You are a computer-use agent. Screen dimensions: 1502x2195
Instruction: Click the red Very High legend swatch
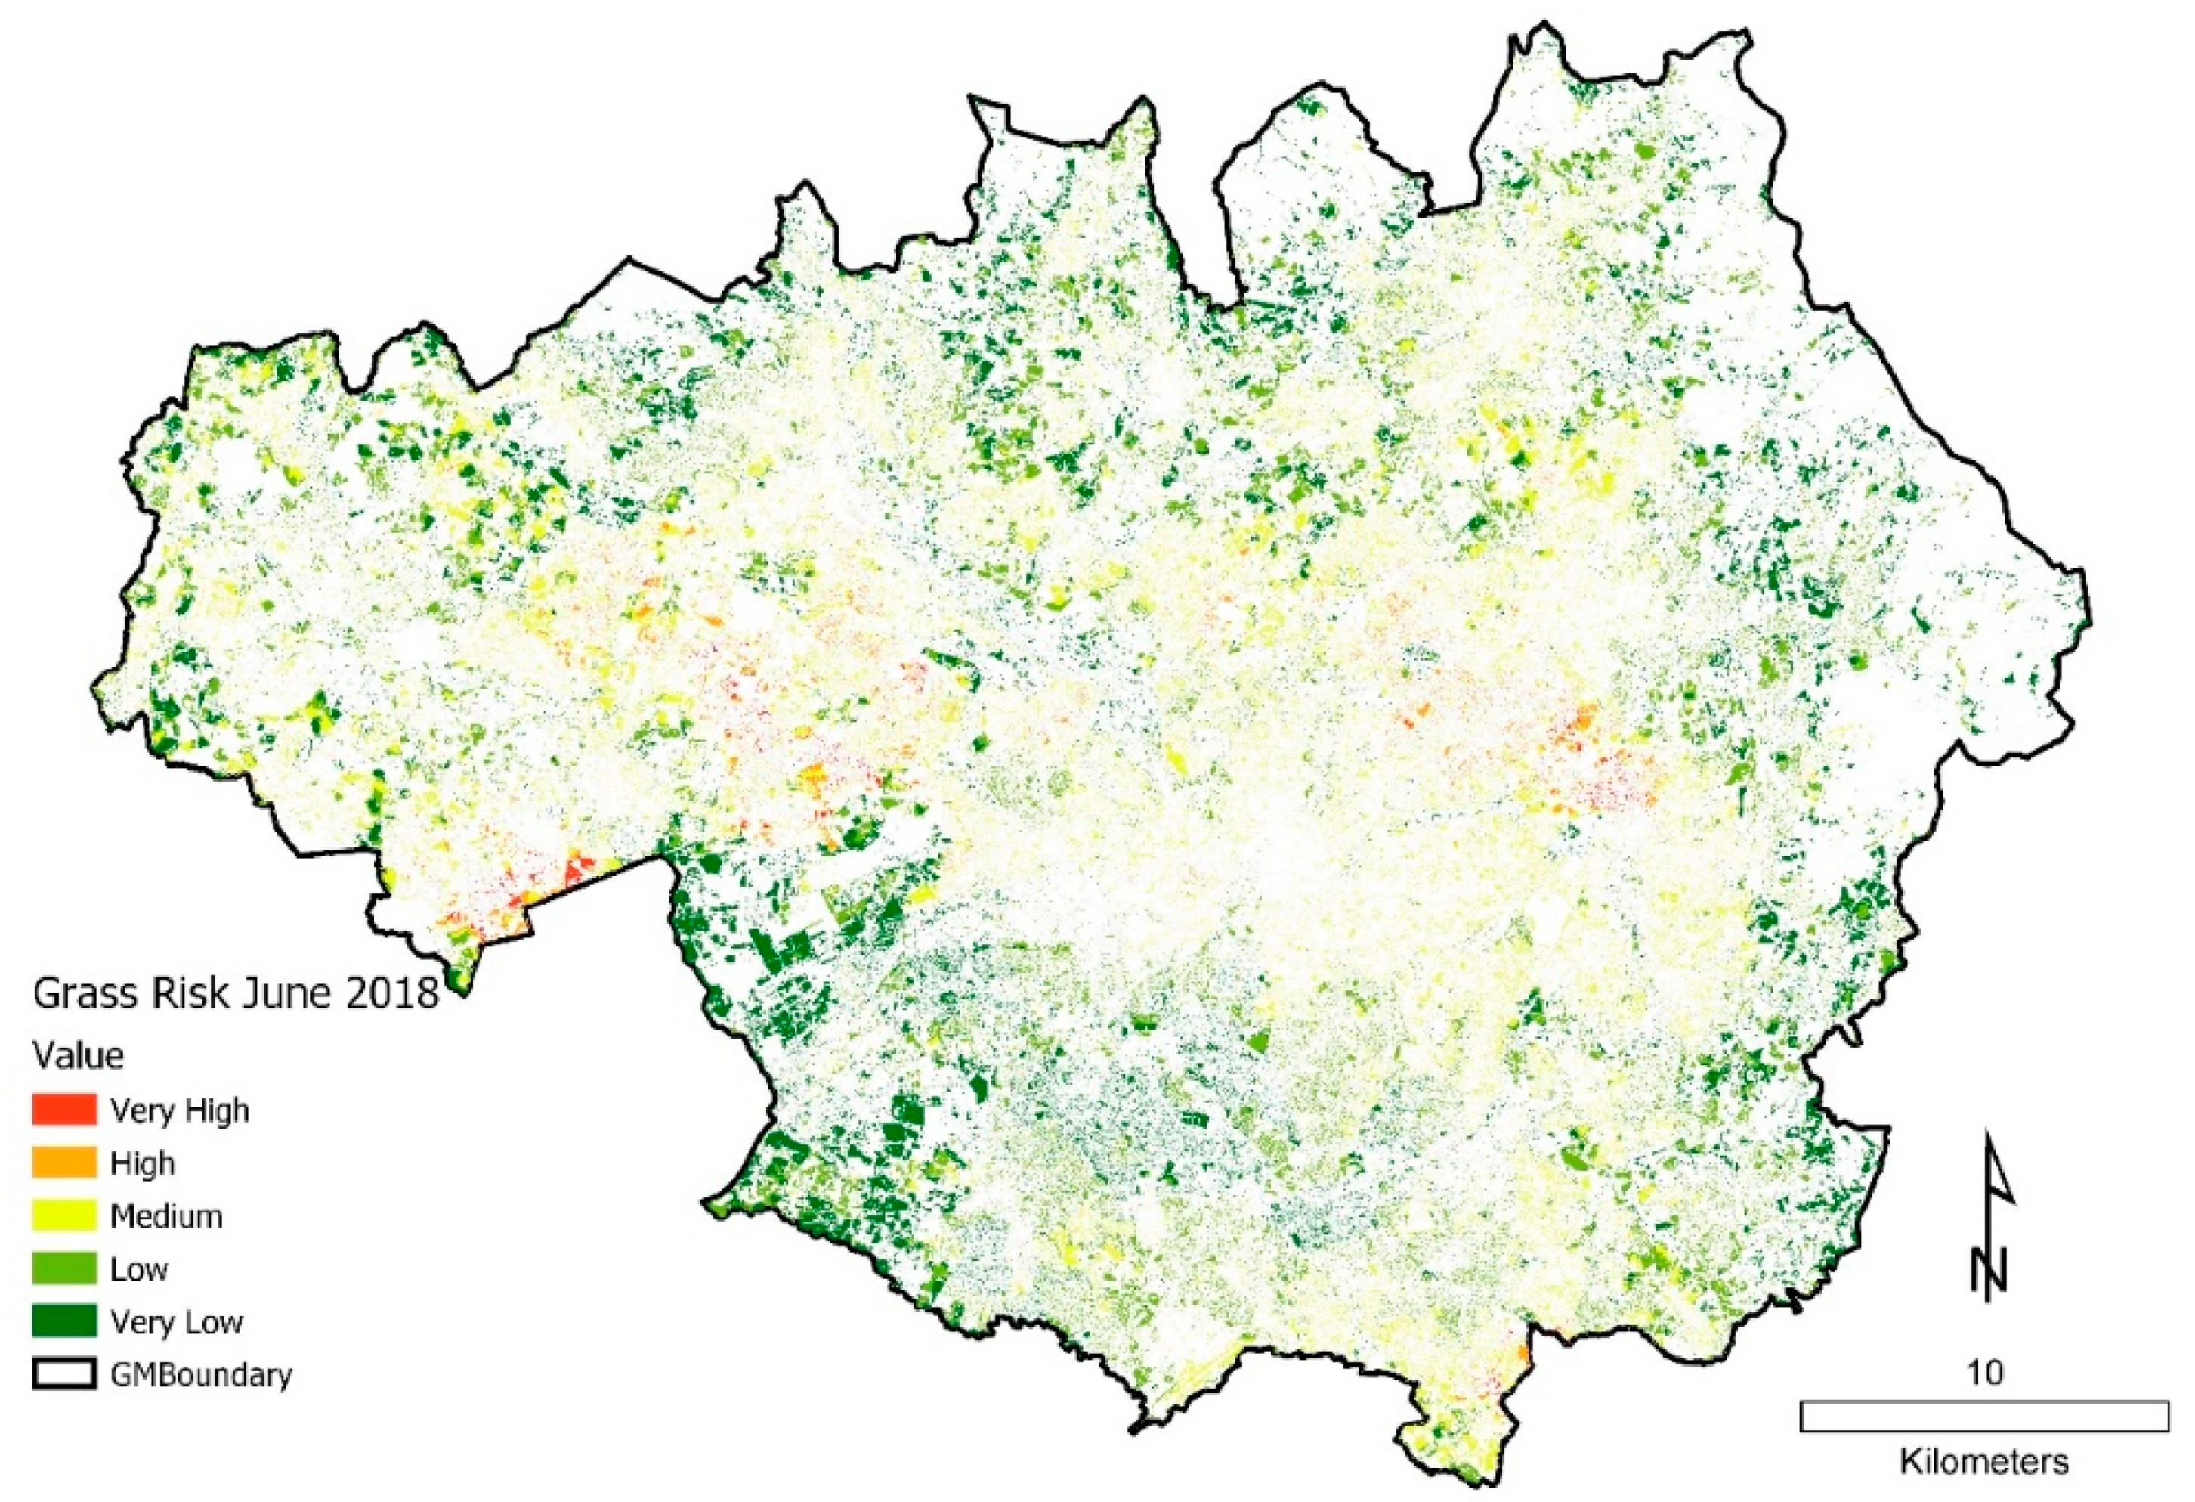[64, 1109]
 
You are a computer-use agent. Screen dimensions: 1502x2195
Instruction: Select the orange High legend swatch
[64, 1162]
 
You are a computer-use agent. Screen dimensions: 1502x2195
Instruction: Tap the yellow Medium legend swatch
[64, 1215]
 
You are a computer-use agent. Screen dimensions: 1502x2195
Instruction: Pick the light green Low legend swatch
[64, 1268]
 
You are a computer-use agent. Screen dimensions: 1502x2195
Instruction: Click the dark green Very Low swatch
[64, 1321]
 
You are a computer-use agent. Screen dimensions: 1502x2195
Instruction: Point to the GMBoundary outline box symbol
[64, 1373]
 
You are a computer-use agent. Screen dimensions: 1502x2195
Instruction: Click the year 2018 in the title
[389, 994]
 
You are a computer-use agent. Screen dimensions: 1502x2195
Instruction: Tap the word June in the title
[280, 994]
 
